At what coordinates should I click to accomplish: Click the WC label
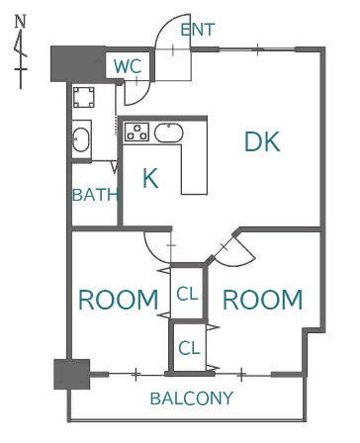[128, 66]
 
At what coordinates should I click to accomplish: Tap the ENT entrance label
[198, 30]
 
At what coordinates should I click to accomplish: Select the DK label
[262, 141]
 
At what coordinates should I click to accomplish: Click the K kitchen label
[150, 178]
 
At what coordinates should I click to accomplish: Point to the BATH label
[95, 195]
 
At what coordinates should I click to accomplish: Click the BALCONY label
[192, 399]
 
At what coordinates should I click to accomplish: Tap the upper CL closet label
[187, 294]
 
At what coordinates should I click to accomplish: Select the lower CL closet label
[189, 348]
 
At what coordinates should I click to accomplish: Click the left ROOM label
[119, 300]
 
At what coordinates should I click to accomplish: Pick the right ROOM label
[263, 300]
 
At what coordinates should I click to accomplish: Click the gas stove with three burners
[136, 132]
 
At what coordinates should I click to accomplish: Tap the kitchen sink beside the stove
[168, 133]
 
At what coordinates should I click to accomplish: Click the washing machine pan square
[84, 97]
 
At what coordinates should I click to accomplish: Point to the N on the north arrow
[21, 22]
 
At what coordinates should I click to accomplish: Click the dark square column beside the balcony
[72, 374]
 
